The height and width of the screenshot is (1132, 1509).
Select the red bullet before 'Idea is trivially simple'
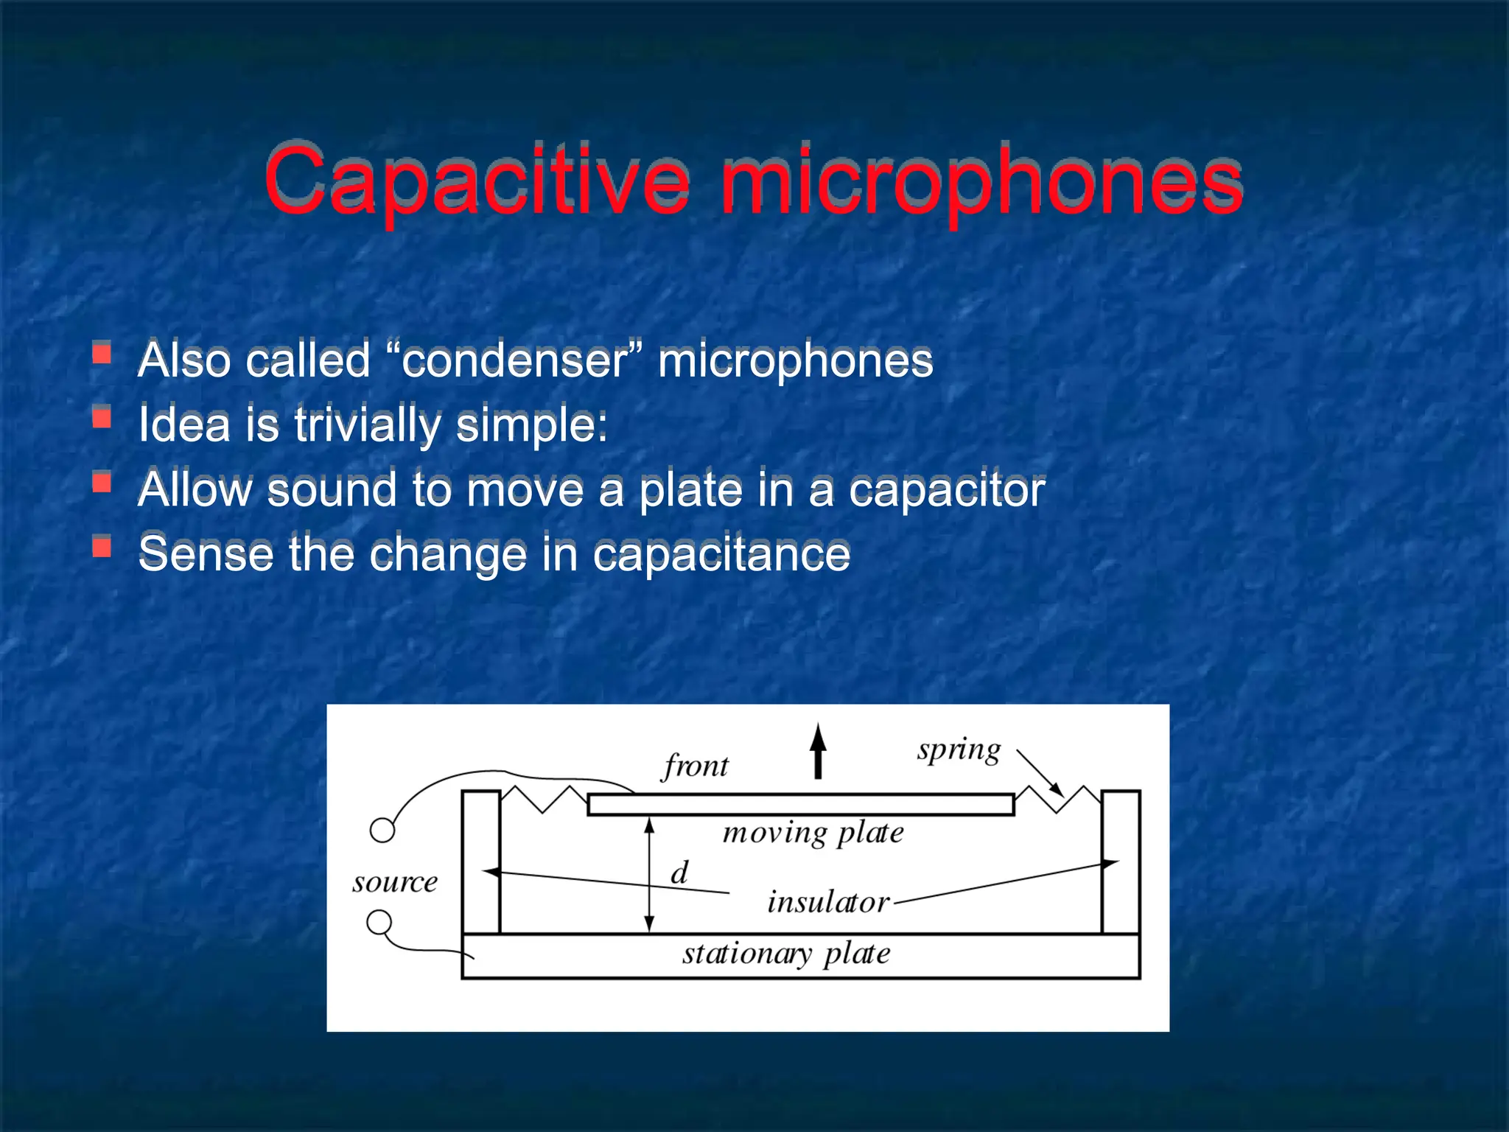click(102, 419)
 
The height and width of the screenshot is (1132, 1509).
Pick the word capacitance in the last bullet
click(721, 554)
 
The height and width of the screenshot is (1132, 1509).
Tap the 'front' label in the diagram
click(695, 766)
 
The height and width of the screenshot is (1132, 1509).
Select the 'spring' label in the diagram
click(959, 751)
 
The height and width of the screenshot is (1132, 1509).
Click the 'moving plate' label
click(813, 833)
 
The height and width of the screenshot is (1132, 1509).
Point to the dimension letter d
click(679, 873)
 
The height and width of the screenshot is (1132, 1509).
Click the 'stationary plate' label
click(786, 954)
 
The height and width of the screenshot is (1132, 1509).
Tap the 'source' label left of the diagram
click(395, 882)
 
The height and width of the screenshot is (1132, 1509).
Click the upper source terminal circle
click(382, 831)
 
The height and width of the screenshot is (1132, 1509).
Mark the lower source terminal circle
click(379, 922)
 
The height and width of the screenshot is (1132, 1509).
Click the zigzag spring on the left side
click(544, 799)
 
